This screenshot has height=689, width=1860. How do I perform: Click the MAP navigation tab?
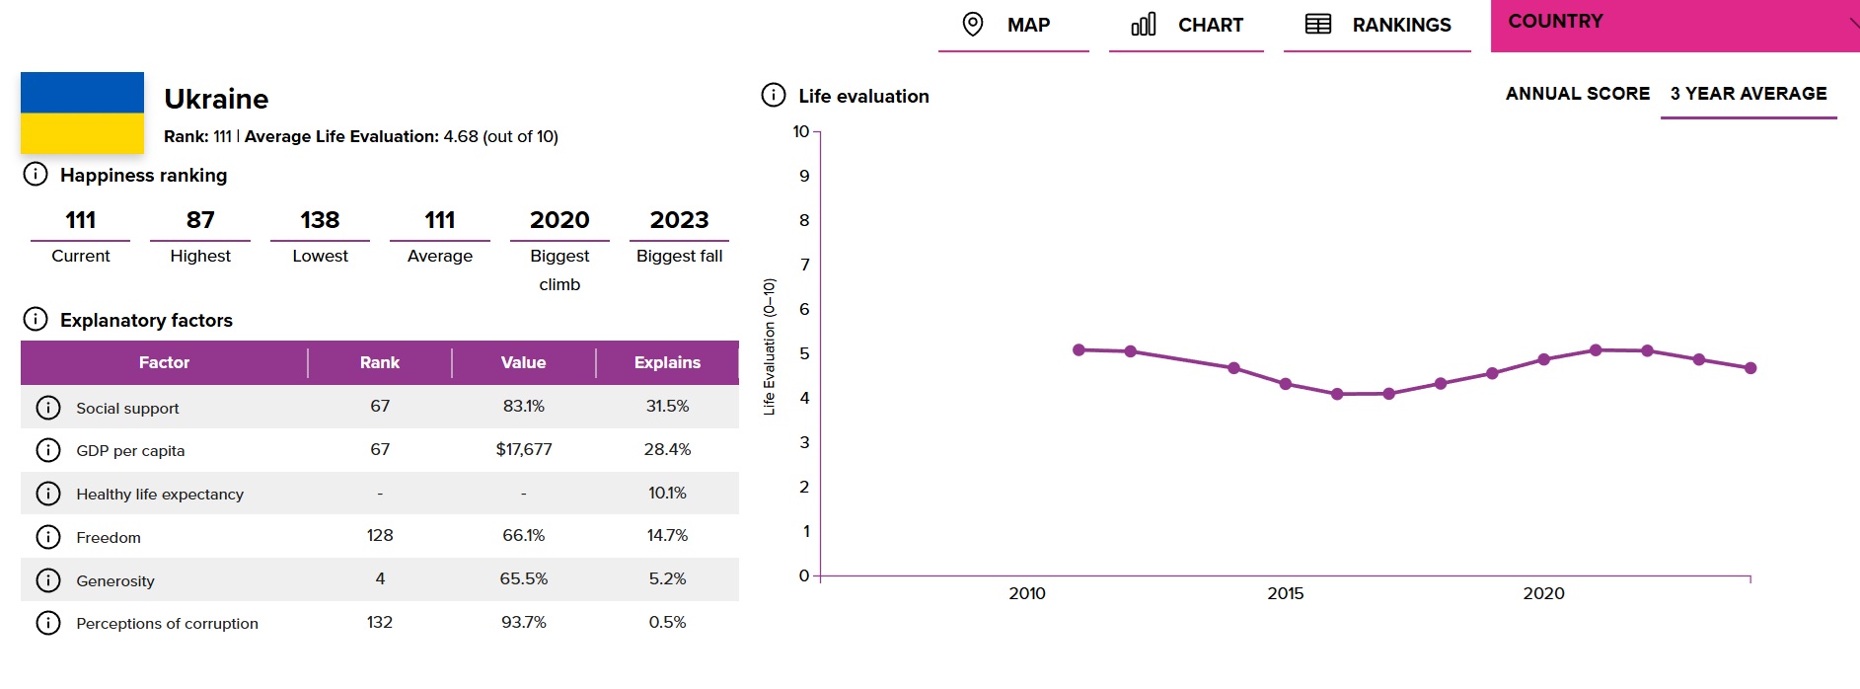click(x=1013, y=25)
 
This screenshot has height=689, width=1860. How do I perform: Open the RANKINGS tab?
click(x=1377, y=25)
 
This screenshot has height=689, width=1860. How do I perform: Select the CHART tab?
click(x=1186, y=25)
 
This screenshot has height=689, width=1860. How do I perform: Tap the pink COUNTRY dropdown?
click(x=1674, y=25)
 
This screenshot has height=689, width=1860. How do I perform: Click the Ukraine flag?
click(x=82, y=113)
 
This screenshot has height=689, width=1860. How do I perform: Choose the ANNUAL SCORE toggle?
click(x=1578, y=94)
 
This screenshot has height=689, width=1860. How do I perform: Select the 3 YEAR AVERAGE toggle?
click(x=1748, y=94)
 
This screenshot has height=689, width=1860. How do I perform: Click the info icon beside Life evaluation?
click(x=774, y=95)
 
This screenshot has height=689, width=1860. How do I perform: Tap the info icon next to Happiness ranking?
click(x=36, y=175)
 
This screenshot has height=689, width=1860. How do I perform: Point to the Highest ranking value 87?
click(x=200, y=220)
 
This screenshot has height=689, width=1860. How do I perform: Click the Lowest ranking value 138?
click(x=320, y=220)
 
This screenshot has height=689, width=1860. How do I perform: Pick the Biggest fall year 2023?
click(x=679, y=220)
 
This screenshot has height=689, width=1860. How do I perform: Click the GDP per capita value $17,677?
click(x=524, y=449)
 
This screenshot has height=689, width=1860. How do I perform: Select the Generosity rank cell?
click(x=380, y=578)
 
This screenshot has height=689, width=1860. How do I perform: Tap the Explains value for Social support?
click(x=667, y=406)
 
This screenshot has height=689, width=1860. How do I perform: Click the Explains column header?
click(x=667, y=362)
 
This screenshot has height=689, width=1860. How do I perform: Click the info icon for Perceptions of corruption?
click(x=48, y=623)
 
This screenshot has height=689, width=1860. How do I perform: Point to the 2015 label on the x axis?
click(x=1285, y=593)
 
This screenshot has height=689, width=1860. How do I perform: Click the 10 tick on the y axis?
click(x=801, y=131)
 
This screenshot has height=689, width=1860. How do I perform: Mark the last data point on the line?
click(x=1750, y=368)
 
